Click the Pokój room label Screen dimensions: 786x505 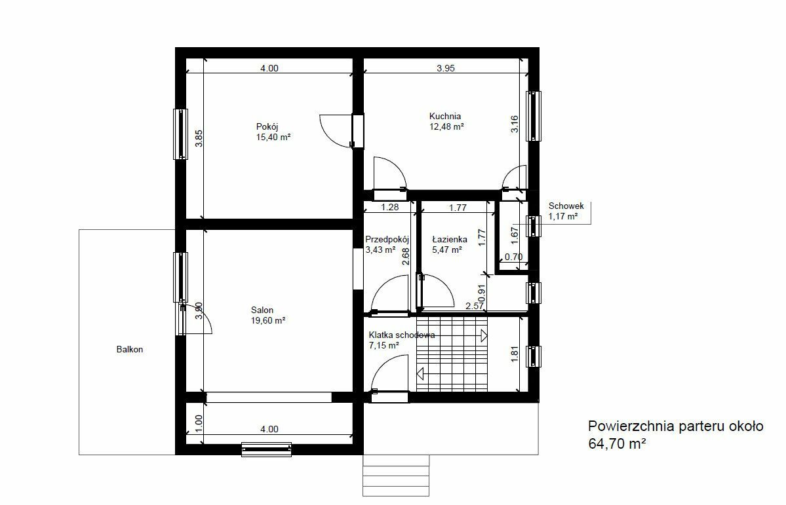pos(267,127)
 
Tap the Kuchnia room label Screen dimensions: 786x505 pos(445,116)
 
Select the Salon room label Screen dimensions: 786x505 pos(262,310)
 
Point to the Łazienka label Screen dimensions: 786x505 pos(450,240)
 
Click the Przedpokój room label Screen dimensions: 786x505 pos(387,240)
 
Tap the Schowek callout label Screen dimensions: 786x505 pos(566,206)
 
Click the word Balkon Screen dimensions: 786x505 pos(130,350)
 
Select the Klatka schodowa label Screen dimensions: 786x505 pos(402,335)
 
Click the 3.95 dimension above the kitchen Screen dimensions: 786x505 pos(446,68)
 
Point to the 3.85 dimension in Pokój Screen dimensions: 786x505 pos(199,138)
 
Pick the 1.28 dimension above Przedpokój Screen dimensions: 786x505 pos(389,207)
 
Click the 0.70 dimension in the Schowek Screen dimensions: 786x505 pos(513,257)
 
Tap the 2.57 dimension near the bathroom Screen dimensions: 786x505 pos(475,306)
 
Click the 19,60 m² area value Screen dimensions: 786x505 pos(268,321)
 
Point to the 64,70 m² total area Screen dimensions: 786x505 pos(617,443)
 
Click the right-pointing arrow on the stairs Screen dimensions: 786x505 pos(484,335)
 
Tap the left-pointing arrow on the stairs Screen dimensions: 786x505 pos(420,373)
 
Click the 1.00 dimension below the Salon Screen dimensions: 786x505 pos(199,423)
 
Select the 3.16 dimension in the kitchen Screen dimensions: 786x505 pos(515,124)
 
